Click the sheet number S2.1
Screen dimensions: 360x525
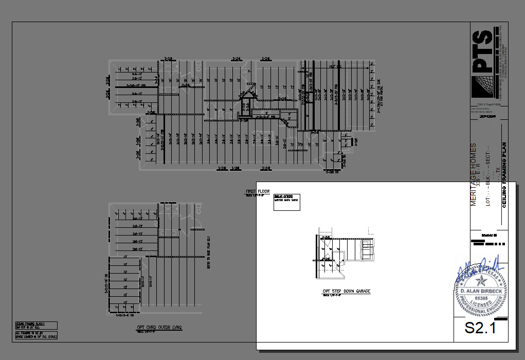pyautogui.click(x=480, y=328)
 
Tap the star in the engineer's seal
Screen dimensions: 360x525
pyautogui.click(x=481, y=280)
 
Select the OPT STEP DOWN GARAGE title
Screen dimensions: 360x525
pyautogui.click(x=346, y=292)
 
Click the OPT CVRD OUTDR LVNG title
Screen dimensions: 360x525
pyautogui.click(x=159, y=328)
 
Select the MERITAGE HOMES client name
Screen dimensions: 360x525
pyautogui.click(x=474, y=175)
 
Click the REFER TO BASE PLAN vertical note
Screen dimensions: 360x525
pyautogui.click(x=209, y=252)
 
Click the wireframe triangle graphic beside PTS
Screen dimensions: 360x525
pyautogui.click(x=484, y=86)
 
